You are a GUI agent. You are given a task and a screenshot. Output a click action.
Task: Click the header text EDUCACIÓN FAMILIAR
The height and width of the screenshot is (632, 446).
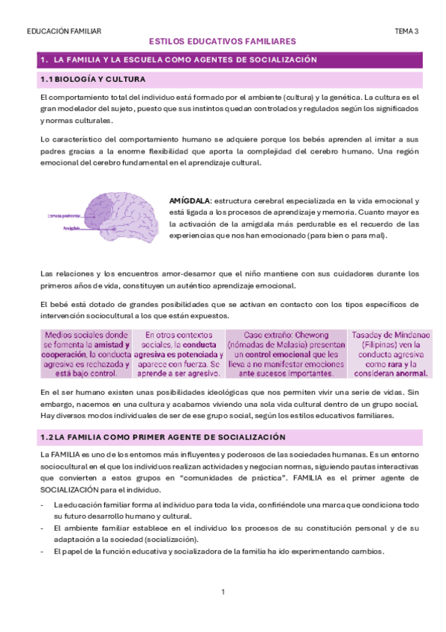63,31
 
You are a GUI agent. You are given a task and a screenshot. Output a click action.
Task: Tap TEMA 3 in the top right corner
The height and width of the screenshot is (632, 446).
407,31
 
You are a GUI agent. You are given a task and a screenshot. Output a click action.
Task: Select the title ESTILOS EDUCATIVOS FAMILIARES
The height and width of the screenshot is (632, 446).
223,42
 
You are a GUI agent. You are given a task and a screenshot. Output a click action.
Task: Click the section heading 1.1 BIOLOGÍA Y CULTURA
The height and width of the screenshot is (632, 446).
93,78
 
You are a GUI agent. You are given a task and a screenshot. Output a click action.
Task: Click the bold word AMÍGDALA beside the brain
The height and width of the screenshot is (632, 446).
191,201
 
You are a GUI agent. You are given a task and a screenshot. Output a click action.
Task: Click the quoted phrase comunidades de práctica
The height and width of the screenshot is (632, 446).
246,477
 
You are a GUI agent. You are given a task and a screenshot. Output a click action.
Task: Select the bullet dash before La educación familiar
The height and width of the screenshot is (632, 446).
43,505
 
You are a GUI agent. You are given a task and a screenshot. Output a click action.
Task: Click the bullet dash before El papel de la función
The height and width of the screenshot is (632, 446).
43,552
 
